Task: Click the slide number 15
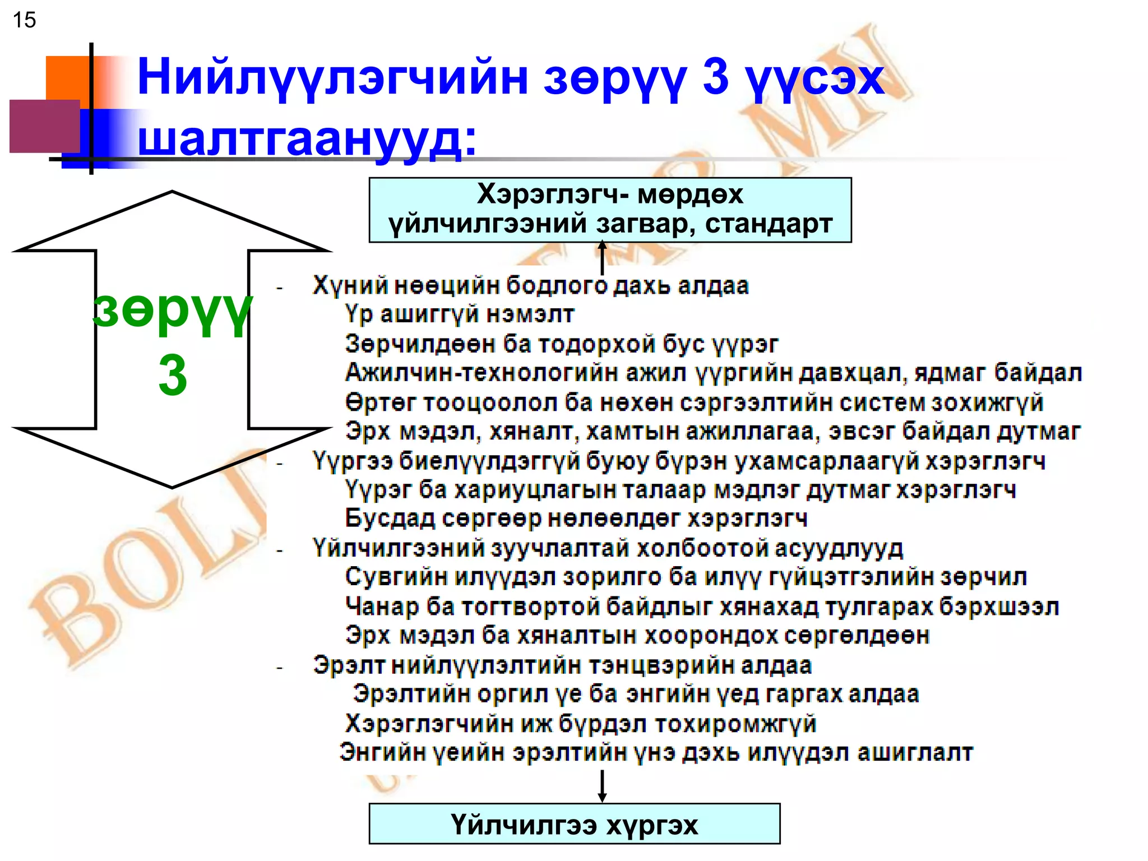[x=24, y=20]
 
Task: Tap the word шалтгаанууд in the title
[x=307, y=138]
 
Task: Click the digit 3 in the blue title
[x=716, y=77]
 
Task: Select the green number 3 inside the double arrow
[x=172, y=376]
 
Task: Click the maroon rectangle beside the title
[x=45, y=126]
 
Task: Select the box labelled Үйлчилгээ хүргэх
[x=574, y=824]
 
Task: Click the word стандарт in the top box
[x=769, y=224]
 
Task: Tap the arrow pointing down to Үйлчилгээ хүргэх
[x=603, y=786]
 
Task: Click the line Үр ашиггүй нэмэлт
[x=460, y=314]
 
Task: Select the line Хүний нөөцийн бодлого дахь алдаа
[x=530, y=285]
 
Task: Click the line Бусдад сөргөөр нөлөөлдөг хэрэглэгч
[x=576, y=519]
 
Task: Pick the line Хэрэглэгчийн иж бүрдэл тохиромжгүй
[x=580, y=724]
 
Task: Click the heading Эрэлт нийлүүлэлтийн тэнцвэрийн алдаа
[x=562, y=665]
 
